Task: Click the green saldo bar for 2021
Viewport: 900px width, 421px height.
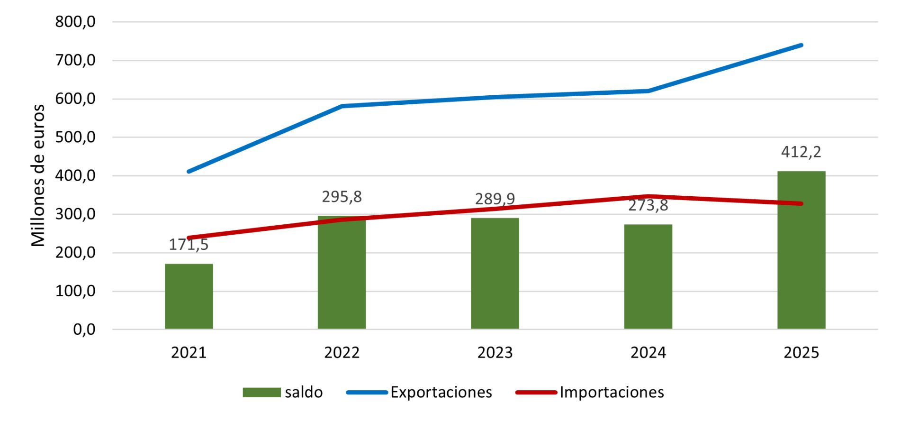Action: point(189,296)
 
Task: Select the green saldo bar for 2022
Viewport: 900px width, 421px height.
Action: point(342,275)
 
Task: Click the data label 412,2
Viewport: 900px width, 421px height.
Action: point(801,152)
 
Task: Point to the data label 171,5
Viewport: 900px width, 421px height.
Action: point(189,245)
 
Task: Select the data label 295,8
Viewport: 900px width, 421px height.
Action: point(342,197)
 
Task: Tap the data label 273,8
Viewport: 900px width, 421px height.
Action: point(648,205)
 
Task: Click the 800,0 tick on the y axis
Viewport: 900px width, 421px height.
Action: point(75,22)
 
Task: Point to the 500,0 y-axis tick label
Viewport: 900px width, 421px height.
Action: point(75,137)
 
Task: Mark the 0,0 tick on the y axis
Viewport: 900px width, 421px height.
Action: point(84,329)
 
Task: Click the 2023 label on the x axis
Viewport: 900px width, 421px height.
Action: point(495,353)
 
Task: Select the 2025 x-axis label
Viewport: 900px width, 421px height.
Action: point(801,353)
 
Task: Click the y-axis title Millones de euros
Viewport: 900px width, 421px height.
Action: point(38,175)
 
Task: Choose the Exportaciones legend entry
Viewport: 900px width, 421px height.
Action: point(441,393)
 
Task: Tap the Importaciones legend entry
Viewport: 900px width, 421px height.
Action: point(612,393)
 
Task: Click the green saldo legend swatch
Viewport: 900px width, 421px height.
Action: point(261,393)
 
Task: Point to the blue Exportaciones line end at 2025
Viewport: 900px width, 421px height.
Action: point(801,46)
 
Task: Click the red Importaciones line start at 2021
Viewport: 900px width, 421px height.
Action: point(189,238)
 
